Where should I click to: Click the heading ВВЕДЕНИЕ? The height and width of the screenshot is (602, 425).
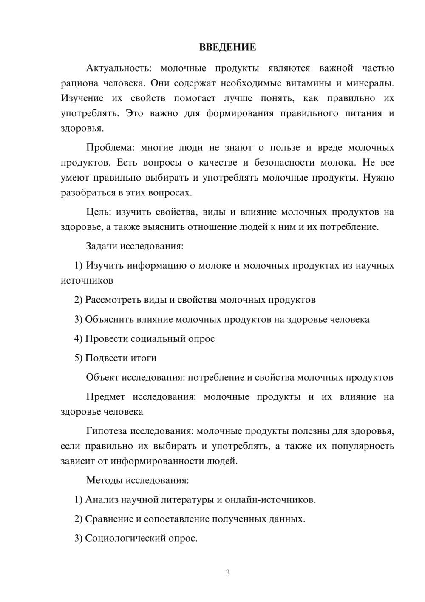coord(227,47)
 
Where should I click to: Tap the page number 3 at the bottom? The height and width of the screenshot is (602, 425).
coord(227,573)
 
